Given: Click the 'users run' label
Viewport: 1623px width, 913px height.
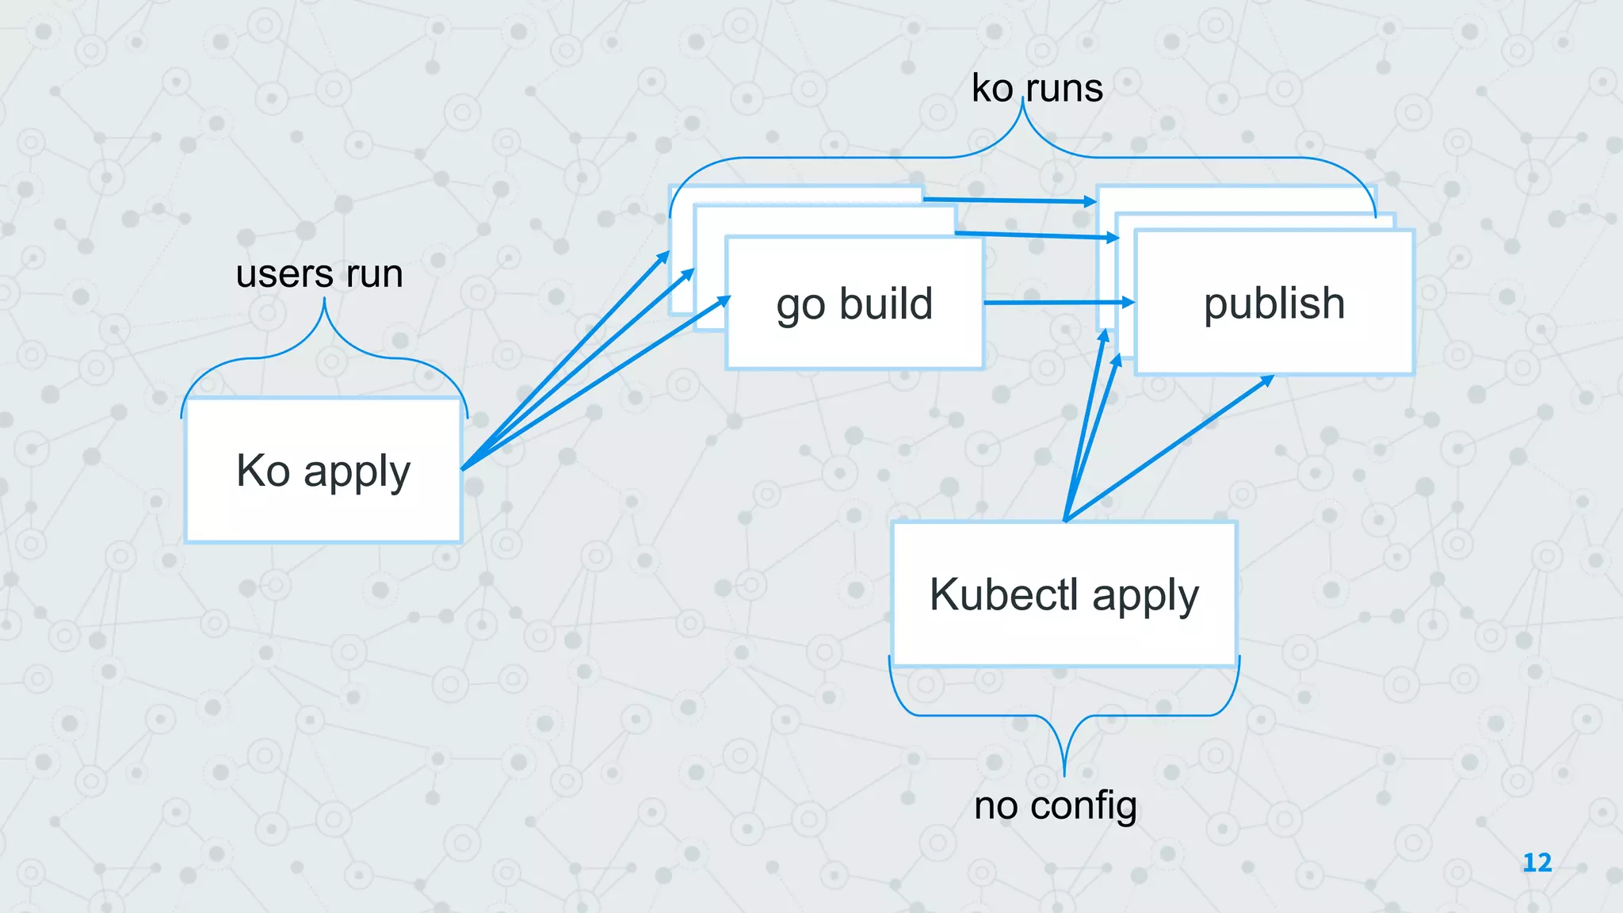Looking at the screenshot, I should point(319,274).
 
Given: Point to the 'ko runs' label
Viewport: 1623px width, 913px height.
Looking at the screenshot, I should point(1037,88).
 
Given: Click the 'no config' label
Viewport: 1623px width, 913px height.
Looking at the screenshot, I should point(1056,806).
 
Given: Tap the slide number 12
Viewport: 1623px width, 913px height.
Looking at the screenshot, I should point(1537,862).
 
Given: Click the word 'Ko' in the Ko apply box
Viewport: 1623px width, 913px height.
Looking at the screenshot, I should point(263,470).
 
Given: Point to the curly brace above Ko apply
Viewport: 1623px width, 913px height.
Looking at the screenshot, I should point(324,349).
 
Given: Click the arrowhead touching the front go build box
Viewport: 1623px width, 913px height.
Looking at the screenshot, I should point(723,300).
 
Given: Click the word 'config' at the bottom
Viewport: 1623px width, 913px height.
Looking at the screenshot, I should point(1084,806).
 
